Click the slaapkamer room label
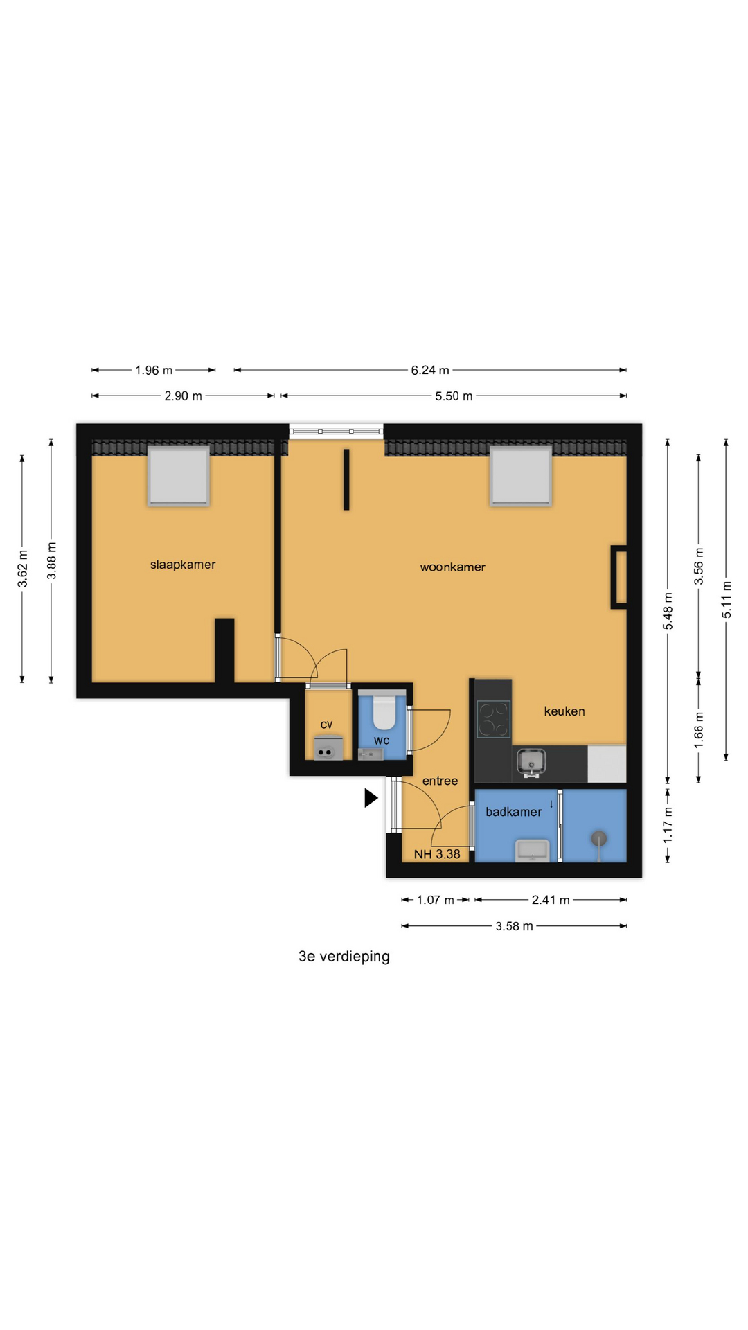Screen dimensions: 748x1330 click(183, 565)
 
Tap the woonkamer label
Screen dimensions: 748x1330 click(452, 567)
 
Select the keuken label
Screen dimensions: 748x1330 click(564, 711)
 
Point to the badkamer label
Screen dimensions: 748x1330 click(514, 812)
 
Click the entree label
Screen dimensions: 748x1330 click(440, 781)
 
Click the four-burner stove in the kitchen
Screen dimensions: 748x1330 click(494, 719)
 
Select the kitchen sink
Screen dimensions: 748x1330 click(531, 762)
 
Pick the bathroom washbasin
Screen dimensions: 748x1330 click(533, 850)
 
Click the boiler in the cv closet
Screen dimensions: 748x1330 click(326, 749)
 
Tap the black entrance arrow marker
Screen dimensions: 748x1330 click(371, 798)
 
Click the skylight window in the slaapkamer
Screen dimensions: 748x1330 click(179, 477)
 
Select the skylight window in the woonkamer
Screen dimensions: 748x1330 click(521, 477)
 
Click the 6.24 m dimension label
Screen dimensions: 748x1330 click(430, 370)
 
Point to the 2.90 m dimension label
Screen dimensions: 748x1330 click(183, 396)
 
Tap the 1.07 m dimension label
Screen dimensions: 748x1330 click(436, 900)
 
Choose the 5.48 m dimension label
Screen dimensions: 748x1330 click(668, 611)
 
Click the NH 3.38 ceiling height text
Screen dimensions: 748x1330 click(437, 854)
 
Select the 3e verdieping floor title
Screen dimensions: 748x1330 click(344, 957)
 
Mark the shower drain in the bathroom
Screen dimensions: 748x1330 click(599, 839)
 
